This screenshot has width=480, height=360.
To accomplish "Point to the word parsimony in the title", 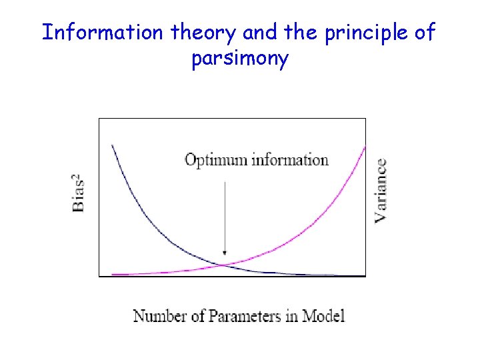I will tap(240, 59).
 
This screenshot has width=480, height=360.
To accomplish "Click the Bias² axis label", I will tap(78, 193).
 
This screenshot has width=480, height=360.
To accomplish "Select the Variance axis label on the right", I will tap(381, 190).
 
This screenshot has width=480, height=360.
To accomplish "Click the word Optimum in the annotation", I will tap(213, 160).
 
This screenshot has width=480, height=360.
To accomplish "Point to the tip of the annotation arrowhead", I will tap(225, 255).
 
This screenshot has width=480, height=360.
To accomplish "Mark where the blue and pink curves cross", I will tap(222, 265).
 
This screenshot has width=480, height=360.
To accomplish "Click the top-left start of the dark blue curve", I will tap(112, 145).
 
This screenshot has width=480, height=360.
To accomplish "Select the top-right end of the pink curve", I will tap(365, 147).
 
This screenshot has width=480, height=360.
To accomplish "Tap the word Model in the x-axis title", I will tap(323, 315).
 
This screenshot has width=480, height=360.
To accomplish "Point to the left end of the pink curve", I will tap(113, 274).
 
